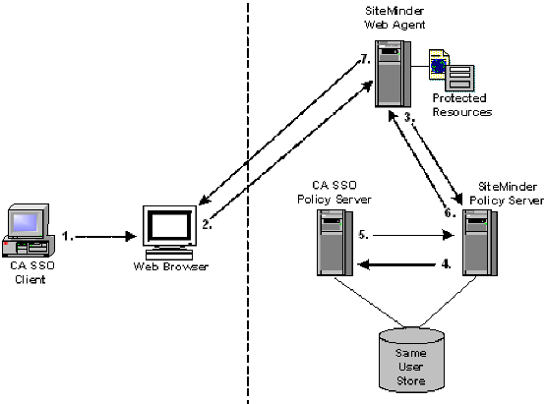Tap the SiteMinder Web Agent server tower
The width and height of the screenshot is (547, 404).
click(x=392, y=73)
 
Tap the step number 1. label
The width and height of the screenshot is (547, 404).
click(x=67, y=236)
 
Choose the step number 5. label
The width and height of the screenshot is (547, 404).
click(x=362, y=236)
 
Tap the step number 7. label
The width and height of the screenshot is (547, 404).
click(x=363, y=61)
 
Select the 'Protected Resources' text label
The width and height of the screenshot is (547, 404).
click(x=462, y=106)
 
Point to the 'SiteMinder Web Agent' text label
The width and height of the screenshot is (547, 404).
click(x=393, y=18)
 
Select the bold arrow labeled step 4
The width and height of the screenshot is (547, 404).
click(x=403, y=264)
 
